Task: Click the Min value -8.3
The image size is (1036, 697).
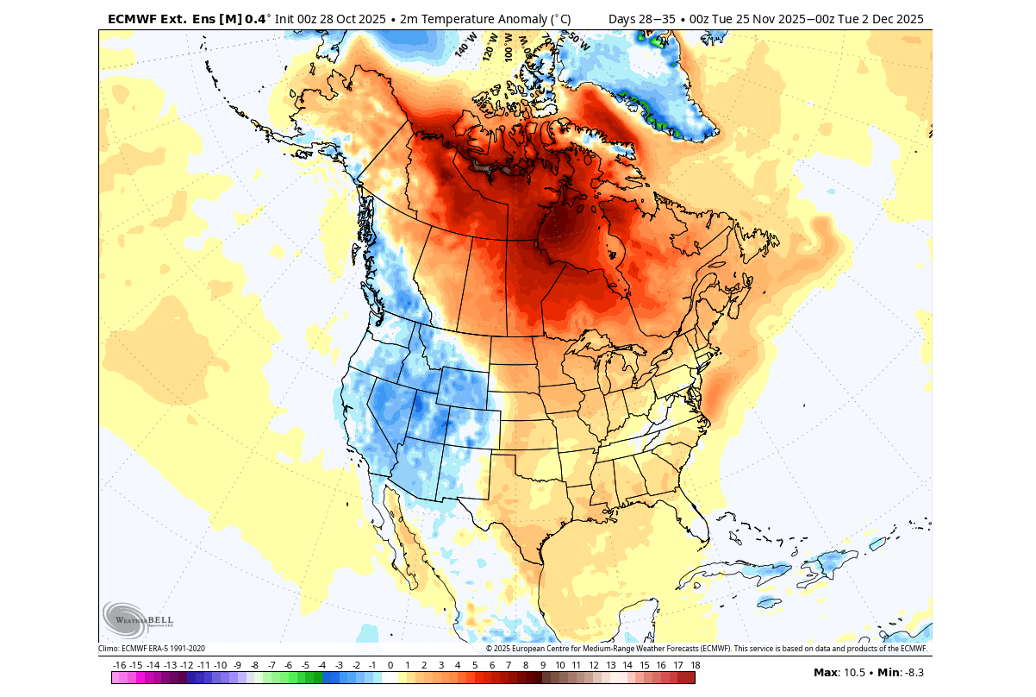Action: (912, 672)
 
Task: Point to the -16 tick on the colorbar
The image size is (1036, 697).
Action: (119, 665)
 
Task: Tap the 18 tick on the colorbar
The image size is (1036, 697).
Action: (695, 665)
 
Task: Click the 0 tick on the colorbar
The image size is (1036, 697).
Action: (390, 665)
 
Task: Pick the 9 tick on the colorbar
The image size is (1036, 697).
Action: (542, 665)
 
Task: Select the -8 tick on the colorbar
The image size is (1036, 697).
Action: (254, 665)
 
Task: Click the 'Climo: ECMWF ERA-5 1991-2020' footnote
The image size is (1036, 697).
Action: (152, 649)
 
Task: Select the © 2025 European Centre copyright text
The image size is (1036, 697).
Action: (706, 649)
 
